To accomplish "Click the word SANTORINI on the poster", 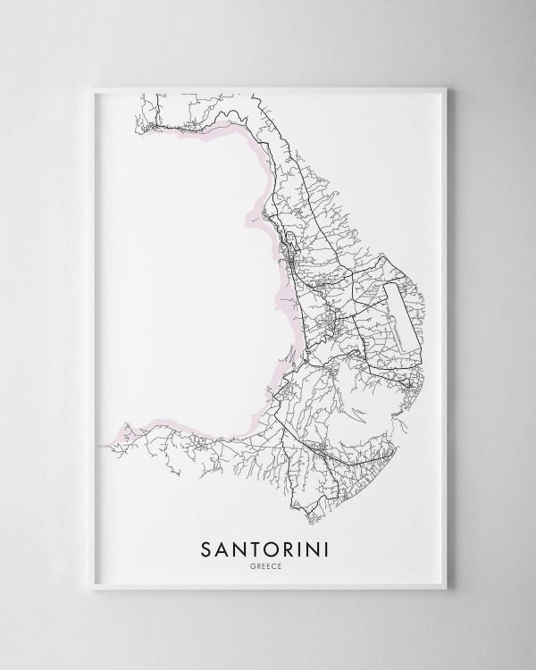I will (x=268, y=546).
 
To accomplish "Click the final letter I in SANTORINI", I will (x=325, y=546).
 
